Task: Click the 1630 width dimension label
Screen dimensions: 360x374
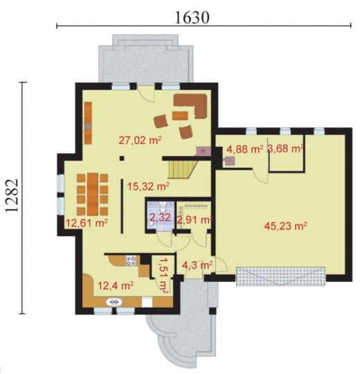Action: pos(192,17)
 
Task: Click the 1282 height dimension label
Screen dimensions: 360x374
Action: pos(12,195)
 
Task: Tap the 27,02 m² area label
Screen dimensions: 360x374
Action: pos(140,140)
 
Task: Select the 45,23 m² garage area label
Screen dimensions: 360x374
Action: pos(285,225)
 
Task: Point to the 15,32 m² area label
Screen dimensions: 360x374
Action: pos(148,186)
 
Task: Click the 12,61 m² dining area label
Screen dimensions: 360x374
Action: pos(87,223)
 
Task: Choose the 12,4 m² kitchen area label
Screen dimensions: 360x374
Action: pos(116,285)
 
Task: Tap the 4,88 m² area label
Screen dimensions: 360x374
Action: pos(245,149)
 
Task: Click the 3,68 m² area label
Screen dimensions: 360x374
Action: pos(285,148)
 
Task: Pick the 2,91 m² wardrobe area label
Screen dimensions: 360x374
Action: pos(195,220)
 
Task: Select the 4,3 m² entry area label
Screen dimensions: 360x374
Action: pos(197,265)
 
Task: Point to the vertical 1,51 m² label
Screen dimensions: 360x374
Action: pos(163,275)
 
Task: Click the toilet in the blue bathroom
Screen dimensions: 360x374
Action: pos(163,207)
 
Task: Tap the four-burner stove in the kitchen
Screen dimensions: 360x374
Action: pos(131,260)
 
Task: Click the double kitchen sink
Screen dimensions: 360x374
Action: pos(114,302)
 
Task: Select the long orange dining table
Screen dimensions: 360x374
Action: pos(93,194)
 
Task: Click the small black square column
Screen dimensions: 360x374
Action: pos(122,158)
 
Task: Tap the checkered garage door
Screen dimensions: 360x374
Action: pos(280,276)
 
